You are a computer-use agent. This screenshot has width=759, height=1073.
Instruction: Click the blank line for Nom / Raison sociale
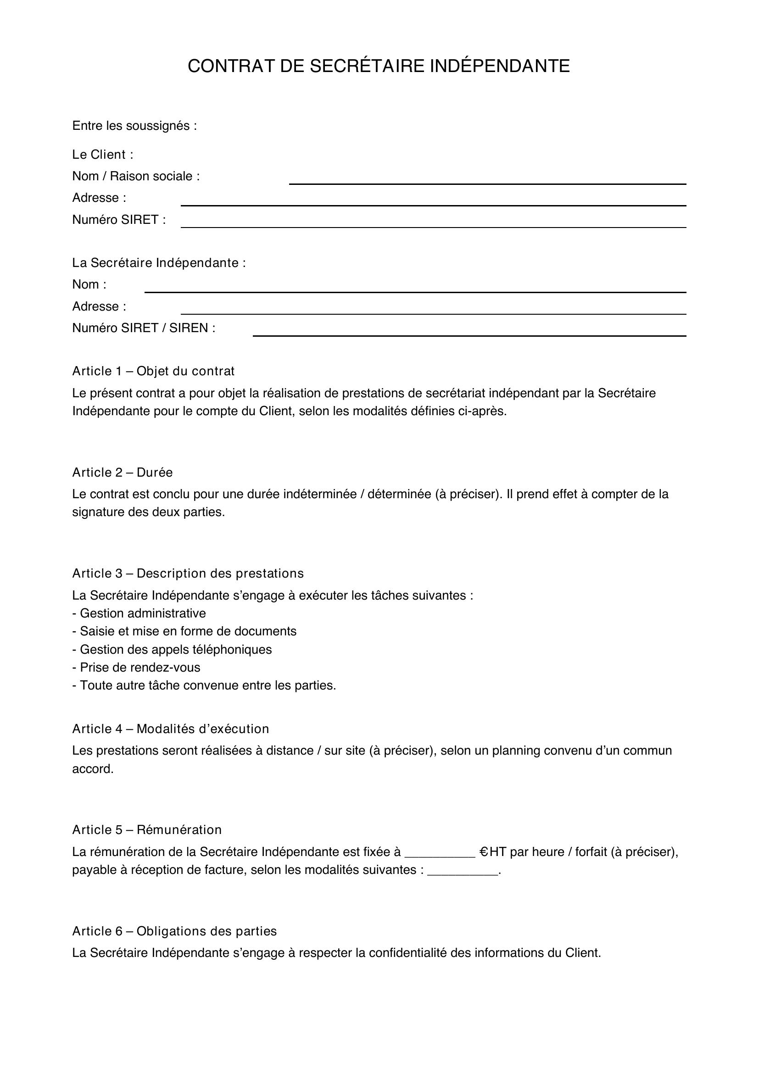point(487,183)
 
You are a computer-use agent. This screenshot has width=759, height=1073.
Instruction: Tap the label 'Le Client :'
point(102,155)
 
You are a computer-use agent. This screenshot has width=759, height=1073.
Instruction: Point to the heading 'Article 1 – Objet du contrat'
point(153,371)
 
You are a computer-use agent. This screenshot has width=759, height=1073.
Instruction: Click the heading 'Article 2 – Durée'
point(122,473)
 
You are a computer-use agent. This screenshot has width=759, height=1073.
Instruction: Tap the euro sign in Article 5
point(484,852)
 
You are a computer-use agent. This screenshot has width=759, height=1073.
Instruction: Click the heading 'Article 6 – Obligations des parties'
point(174,931)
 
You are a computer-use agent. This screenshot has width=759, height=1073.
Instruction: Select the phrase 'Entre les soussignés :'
point(134,126)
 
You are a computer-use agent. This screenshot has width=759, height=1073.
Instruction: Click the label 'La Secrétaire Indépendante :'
point(158,263)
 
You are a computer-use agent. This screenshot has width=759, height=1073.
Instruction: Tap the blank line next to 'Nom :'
point(414,291)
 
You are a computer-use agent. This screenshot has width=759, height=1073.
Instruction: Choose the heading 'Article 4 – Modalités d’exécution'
point(170,728)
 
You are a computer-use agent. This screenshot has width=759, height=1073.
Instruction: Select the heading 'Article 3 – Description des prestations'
point(187,573)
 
